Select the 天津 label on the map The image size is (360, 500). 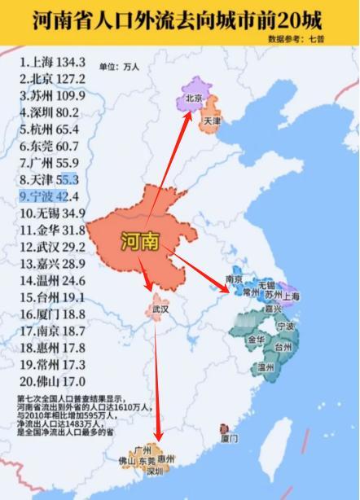(x=213, y=120)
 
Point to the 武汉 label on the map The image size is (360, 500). (x=160, y=310)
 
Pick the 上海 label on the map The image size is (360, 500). (x=292, y=296)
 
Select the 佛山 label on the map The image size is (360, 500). (x=127, y=461)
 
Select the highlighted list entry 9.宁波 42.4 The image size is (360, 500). (x=49, y=196)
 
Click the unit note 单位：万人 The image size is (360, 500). (x=120, y=66)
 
